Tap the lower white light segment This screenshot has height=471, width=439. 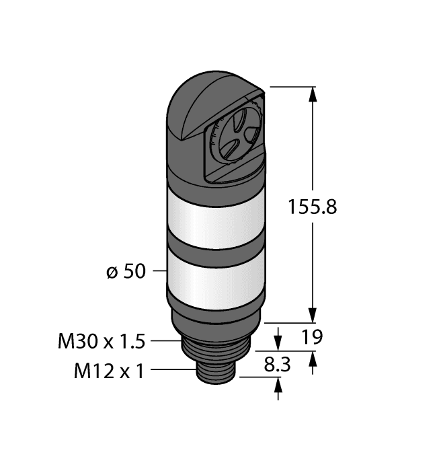coord(214,276)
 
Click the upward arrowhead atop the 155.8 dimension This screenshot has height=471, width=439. coord(312,95)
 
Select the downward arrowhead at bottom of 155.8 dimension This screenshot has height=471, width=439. coord(312,316)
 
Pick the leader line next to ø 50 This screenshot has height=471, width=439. coord(156,272)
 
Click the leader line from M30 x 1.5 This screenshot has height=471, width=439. coord(165,342)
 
